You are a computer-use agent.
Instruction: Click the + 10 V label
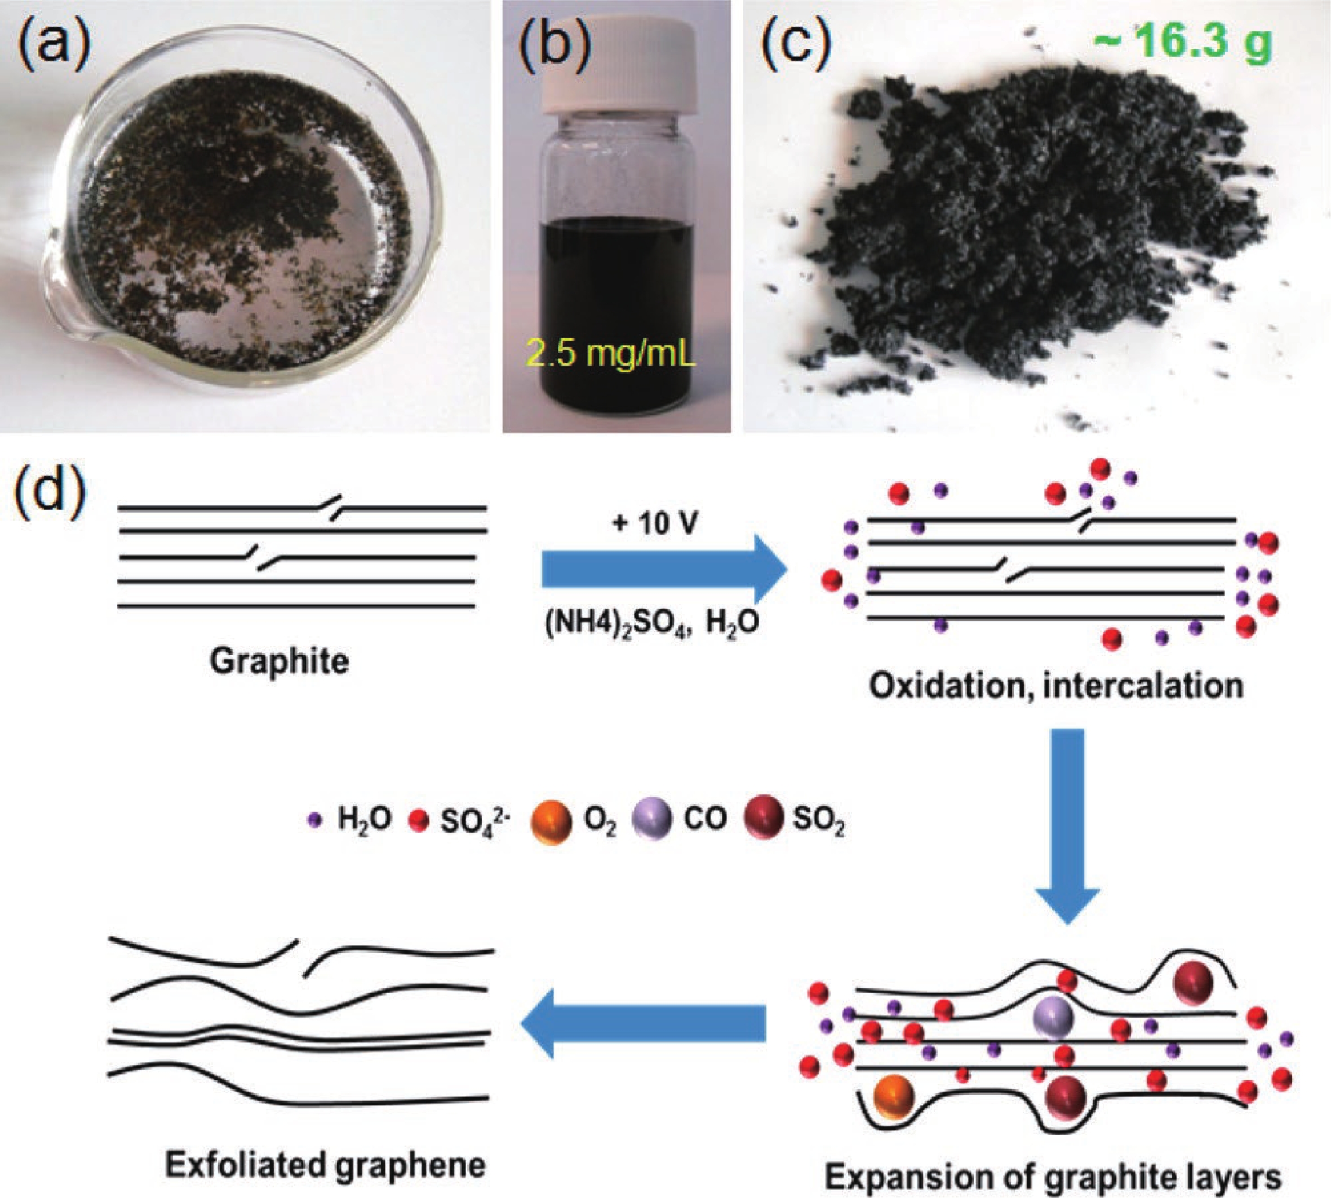click(x=654, y=523)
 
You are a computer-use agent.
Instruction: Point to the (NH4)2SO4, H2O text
click(x=651, y=623)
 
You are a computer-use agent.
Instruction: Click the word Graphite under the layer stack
click(x=279, y=661)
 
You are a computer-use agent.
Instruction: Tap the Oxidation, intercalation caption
click(x=1056, y=685)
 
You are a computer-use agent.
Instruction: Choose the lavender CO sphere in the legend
click(x=651, y=818)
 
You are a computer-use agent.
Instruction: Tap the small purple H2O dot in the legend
click(x=317, y=819)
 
